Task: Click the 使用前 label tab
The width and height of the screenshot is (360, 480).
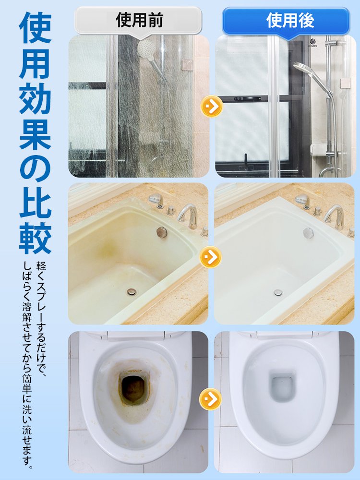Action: click(139, 20)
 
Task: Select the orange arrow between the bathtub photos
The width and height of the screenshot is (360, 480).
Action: click(210, 257)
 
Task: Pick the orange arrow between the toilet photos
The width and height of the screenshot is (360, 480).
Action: click(211, 399)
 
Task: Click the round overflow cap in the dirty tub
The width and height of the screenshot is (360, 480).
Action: click(161, 233)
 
